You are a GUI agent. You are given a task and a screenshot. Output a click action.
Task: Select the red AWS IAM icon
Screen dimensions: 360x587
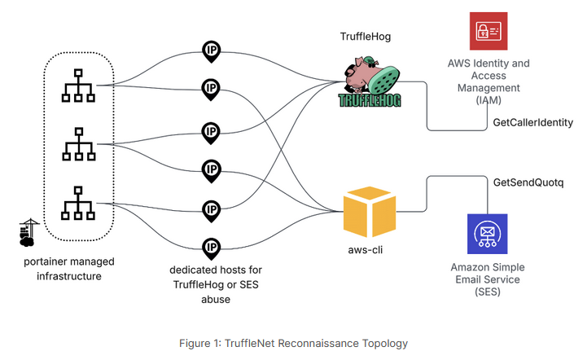pyautogui.click(x=488, y=31)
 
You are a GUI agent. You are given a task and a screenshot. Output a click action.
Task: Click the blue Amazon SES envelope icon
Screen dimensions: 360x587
pyautogui.click(x=487, y=234)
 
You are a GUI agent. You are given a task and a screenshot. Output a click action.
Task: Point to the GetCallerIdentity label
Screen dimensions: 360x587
pyautogui.click(x=533, y=122)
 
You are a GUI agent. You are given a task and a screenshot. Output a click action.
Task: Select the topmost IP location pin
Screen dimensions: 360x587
pyautogui.click(x=211, y=53)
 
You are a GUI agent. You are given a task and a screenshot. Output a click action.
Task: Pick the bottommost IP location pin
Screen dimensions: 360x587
pyautogui.click(x=211, y=246)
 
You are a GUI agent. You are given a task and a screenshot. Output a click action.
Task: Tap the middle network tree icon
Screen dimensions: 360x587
pyautogui.click(x=78, y=144)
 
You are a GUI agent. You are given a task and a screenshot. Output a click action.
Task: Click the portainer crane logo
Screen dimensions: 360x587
pyautogui.click(x=27, y=233)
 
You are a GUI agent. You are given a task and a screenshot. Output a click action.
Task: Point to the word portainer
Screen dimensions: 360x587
pyautogui.click(x=49, y=261)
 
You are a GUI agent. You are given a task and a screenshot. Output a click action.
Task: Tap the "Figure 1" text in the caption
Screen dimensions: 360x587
pyautogui.click(x=199, y=343)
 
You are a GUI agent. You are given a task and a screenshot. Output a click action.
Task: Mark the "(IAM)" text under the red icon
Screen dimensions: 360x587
pyautogui.click(x=488, y=100)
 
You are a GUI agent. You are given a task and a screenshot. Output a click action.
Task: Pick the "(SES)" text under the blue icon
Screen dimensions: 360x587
pyautogui.click(x=487, y=292)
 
